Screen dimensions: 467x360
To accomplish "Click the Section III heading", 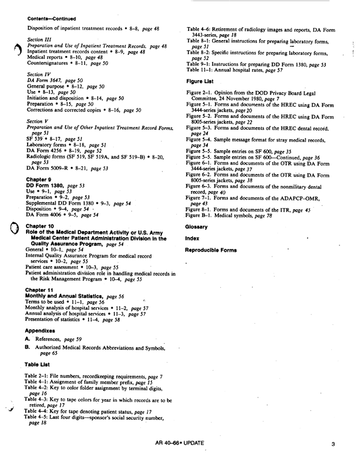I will (39, 40).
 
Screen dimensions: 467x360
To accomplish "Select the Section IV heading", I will (39, 75).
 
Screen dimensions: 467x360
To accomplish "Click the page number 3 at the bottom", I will (332, 445).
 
